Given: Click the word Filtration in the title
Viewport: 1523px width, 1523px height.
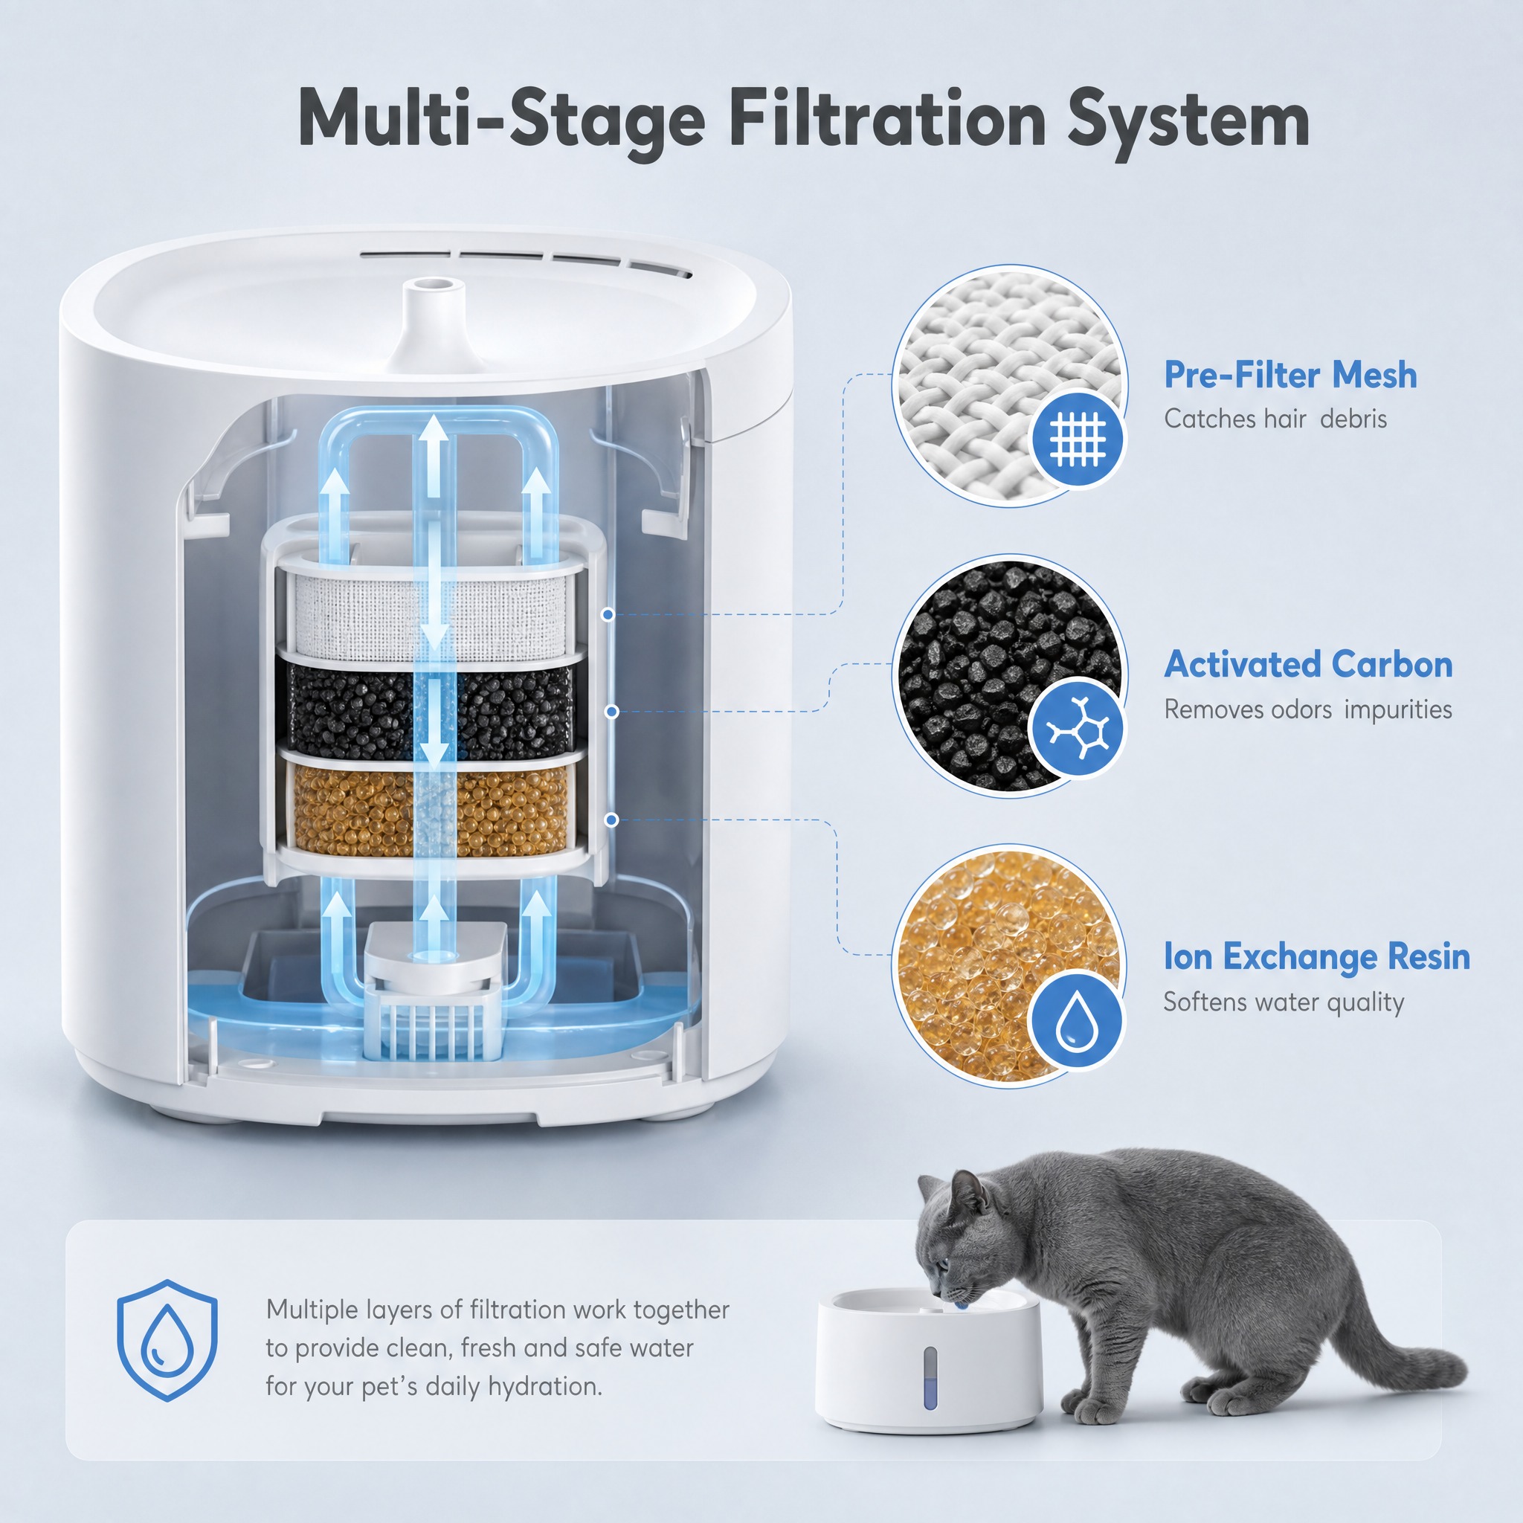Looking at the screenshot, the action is [x=888, y=120].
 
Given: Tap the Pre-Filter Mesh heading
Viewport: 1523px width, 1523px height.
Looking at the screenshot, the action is [x=1290, y=376].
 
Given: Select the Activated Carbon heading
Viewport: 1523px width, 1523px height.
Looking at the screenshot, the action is [x=1309, y=665].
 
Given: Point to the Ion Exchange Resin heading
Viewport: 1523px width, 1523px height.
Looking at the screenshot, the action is [x=1317, y=957].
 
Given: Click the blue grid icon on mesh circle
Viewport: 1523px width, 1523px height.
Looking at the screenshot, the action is [x=1078, y=437].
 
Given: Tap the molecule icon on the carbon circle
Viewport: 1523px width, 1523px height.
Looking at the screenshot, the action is [x=1078, y=727].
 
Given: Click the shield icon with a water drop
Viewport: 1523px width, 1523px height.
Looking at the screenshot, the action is [x=167, y=1340].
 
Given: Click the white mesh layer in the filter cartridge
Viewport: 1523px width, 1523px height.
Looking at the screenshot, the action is [x=431, y=615].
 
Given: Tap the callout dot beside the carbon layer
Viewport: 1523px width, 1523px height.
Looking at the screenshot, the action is [x=612, y=712].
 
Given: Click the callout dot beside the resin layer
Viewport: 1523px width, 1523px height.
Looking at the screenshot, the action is [x=611, y=820].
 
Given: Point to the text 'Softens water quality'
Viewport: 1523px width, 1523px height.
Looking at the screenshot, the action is [x=1284, y=1002].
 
